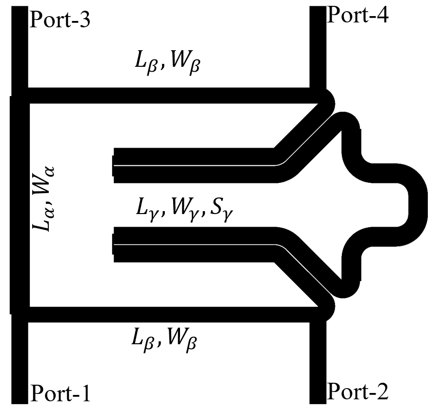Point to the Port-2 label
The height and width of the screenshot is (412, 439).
(357, 391)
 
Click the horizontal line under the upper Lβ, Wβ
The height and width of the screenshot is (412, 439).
(171, 96)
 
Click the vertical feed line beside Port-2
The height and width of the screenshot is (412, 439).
(318, 361)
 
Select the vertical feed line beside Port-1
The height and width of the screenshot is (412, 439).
(20, 361)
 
